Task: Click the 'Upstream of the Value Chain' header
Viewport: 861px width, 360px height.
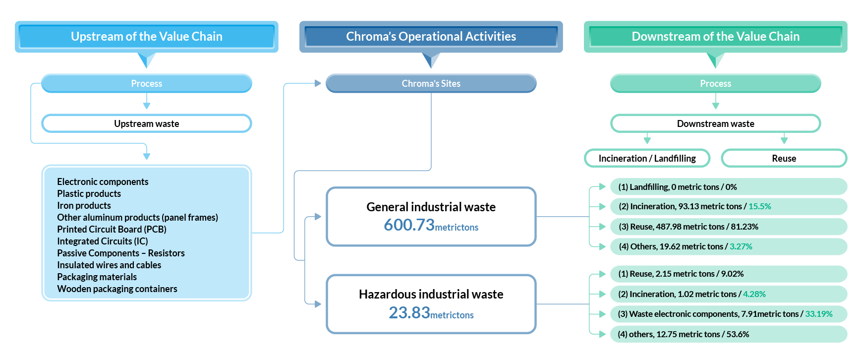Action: [146, 37]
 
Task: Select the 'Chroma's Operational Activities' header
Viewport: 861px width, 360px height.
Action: [431, 37]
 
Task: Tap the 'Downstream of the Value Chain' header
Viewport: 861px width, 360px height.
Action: [715, 37]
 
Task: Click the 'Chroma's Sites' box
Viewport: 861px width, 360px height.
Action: [431, 83]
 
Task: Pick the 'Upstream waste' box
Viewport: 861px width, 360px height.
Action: [146, 123]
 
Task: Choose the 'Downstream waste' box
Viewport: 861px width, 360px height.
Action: [715, 123]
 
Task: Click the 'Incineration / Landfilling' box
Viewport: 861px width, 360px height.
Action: [647, 158]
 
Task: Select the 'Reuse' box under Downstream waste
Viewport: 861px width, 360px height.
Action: [784, 158]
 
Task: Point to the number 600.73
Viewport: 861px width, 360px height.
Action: [409, 225]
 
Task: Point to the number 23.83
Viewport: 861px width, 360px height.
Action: [409, 313]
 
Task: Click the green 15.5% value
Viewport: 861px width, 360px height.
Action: [759, 206]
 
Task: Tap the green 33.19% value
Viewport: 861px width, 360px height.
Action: [818, 314]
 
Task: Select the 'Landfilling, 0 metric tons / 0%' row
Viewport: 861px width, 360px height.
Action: [677, 187]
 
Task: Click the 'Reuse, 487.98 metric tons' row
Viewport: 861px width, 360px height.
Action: [688, 227]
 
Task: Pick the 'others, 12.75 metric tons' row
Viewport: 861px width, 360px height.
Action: [683, 334]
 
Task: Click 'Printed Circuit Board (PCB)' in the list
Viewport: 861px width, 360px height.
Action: [112, 229]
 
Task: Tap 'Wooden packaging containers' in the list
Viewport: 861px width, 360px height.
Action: [117, 289]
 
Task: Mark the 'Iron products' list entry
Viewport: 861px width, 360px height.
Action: [84, 205]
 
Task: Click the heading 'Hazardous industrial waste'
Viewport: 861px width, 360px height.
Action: [431, 294]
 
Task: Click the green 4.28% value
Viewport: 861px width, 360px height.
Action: [754, 294]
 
